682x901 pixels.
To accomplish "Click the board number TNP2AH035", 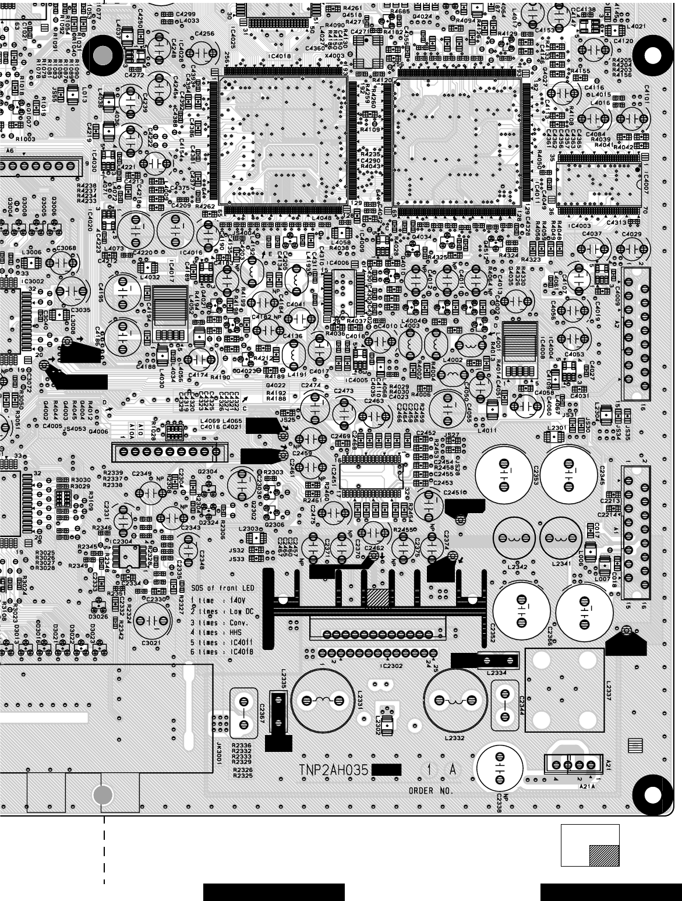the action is [x=334, y=771].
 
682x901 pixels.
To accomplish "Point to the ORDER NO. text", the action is [x=430, y=791].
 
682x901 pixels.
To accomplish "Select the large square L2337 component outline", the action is [x=564, y=690].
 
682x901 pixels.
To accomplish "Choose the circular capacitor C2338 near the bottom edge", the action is [x=499, y=768].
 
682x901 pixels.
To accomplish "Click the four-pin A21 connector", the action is [x=573, y=764].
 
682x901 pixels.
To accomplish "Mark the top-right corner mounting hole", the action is [x=653, y=55].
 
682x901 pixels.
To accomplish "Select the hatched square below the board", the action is [x=603, y=855].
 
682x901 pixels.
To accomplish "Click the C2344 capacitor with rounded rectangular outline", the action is [x=506, y=702].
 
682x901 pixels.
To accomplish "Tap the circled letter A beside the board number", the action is [x=452, y=770].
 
